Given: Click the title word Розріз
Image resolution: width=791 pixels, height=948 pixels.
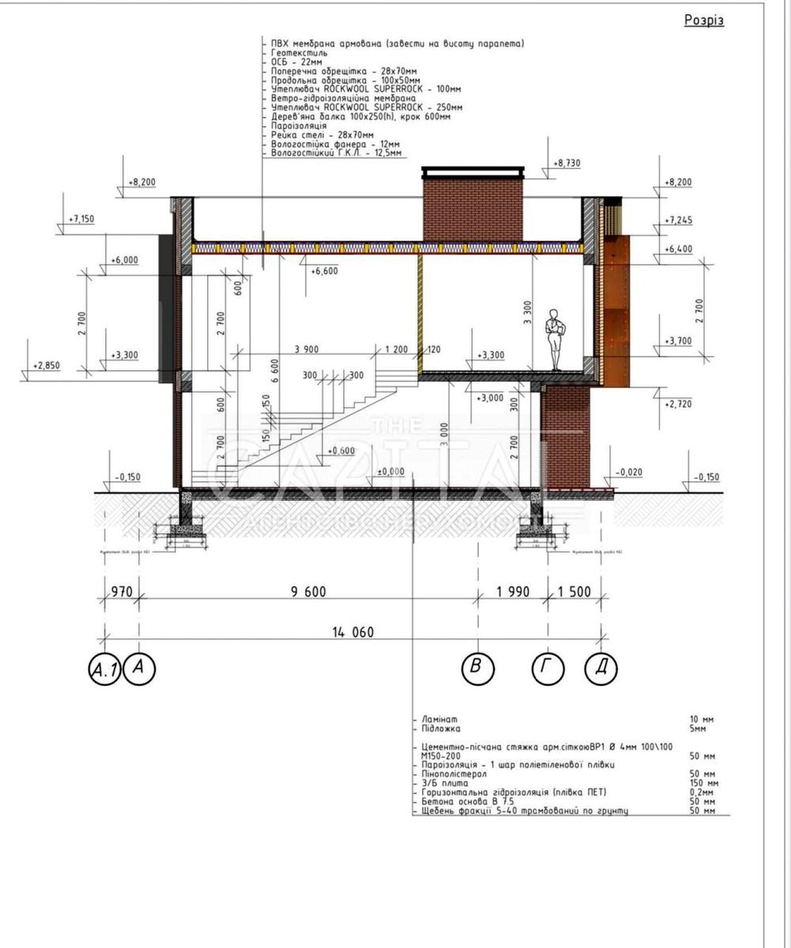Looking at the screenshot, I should (x=703, y=21).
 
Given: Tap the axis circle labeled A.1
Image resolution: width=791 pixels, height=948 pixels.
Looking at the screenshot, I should (x=104, y=670).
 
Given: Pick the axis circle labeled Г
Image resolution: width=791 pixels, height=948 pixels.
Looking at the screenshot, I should (x=548, y=669).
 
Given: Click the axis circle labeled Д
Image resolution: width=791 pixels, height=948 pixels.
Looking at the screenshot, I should (x=601, y=669).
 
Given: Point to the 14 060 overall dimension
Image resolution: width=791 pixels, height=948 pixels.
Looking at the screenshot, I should (x=353, y=631).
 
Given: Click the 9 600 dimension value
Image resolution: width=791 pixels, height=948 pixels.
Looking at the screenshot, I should (x=308, y=592).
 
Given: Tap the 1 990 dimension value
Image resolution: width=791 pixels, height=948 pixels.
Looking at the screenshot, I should (x=512, y=592).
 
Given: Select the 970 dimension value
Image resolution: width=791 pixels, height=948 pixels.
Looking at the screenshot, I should (x=121, y=592).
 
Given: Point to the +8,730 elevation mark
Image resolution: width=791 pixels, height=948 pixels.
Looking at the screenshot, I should (x=567, y=163).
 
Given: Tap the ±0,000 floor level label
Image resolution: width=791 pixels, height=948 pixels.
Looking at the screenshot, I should (x=390, y=472).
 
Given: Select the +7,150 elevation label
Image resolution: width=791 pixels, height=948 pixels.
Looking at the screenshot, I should (x=81, y=219).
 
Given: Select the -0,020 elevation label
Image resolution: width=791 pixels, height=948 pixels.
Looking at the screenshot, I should (x=630, y=472).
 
